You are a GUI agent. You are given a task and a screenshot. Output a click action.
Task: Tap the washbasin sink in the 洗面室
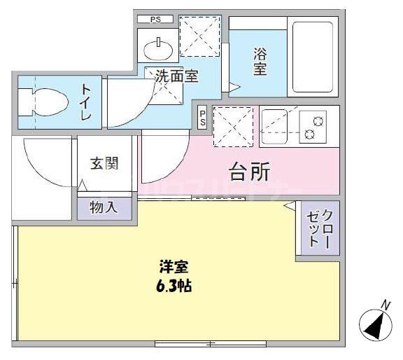(159, 50)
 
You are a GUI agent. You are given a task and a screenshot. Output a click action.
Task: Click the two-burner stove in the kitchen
(314, 126)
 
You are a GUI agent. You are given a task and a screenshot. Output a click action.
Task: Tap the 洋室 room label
(174, 268)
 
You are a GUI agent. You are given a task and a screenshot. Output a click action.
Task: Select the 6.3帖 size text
(175, 286)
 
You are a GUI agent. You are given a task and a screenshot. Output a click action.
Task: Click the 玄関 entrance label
(104, 164)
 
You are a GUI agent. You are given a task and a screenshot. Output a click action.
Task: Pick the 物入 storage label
(104, 207)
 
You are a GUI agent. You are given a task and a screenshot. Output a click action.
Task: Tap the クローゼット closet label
(318, 227)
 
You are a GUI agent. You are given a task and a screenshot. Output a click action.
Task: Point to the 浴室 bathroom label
(260, 60)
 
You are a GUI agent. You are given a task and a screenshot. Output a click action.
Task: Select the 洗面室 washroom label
(176, 76)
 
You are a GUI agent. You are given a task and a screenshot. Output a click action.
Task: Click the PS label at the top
(155, 19)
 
